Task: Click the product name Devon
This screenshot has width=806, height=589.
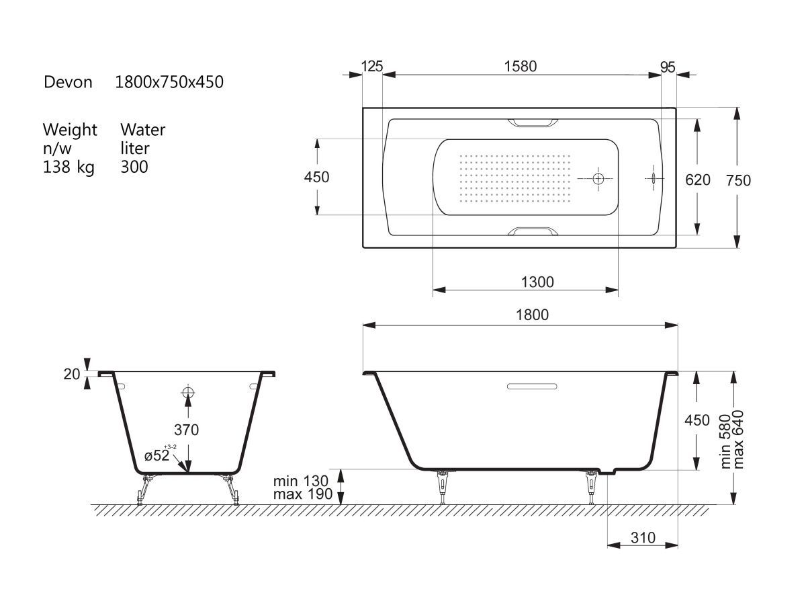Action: [x=68, y=82]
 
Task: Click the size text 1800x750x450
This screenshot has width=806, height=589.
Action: [x=169, y=82]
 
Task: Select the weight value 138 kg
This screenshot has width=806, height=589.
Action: [x=69, y=167]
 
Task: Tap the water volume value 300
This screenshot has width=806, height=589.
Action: [x=134, y=167]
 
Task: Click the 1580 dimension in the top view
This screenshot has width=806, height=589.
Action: [x=521, y=67]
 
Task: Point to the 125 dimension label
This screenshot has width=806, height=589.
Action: [x=372, y=67]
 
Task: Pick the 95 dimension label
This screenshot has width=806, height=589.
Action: [x=668, y=67]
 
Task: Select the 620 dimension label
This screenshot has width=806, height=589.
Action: [x=698, y=180]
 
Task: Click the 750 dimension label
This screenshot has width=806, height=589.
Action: [x=738, y=180]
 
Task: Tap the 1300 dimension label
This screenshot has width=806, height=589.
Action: [x=537, y=282]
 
